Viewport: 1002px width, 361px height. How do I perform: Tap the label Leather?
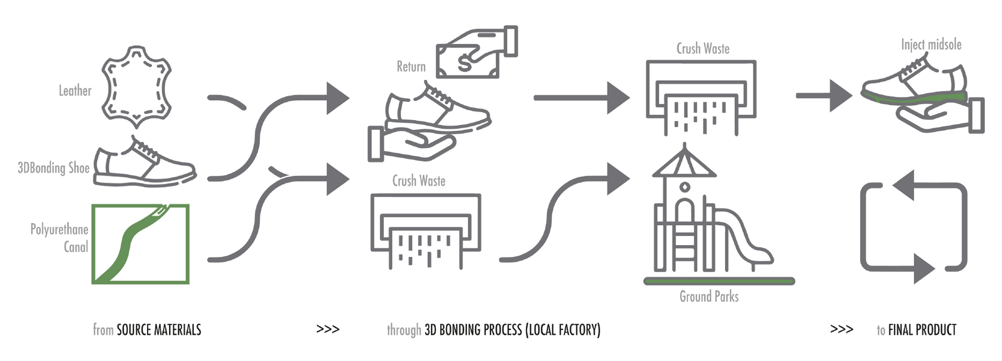[x=75, y=91]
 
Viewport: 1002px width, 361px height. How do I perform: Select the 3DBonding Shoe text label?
[x=53, y=168]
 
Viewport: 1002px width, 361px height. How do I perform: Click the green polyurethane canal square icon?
[x=141, y=244]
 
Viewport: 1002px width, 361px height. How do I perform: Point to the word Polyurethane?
[x=59, y=230]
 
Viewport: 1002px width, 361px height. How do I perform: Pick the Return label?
[x=411, y=67]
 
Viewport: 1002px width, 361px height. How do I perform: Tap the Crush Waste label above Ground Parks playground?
[x=702, y=49]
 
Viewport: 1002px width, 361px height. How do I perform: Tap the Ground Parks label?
[x=709, y=297]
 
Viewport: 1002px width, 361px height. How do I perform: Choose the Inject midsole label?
[x=931, y=45]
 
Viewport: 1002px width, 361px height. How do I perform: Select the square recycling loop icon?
[x=914, y=226]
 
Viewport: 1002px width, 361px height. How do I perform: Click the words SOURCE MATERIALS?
[x=159, y=330]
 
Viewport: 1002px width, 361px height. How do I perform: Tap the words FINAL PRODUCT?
[x=922, y=330]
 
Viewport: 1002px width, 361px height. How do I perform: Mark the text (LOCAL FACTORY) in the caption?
[x=563, y=330]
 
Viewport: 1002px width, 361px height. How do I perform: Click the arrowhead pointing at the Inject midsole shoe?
[x=840, y=96]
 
